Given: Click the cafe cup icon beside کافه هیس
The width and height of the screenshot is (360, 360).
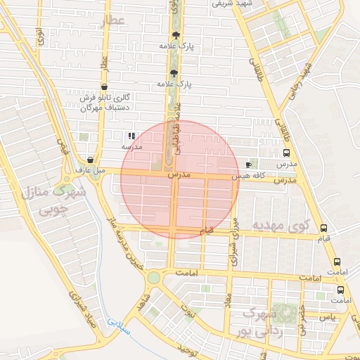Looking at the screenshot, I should [248, 164].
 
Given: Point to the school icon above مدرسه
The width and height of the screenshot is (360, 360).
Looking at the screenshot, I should [131, 136].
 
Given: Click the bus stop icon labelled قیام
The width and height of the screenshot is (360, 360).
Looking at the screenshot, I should [323, 228].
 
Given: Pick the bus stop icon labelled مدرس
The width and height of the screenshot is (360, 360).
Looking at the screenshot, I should [286, 153].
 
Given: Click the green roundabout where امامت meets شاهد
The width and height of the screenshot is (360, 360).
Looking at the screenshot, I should [153, 278].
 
